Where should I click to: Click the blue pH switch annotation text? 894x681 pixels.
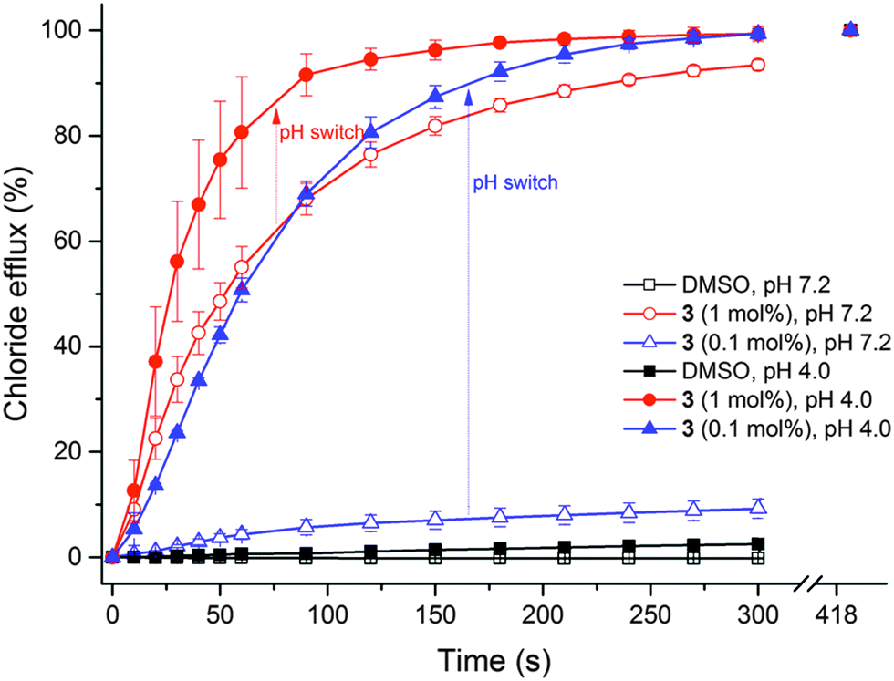515,182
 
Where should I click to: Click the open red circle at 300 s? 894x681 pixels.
757,65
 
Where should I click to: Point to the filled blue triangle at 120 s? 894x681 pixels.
370,132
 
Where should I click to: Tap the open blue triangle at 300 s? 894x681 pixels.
757,507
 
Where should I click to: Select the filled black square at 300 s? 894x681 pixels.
757,544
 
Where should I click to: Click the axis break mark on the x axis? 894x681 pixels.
806,581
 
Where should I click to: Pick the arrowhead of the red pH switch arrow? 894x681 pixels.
275,114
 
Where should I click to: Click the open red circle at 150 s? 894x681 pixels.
434,126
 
